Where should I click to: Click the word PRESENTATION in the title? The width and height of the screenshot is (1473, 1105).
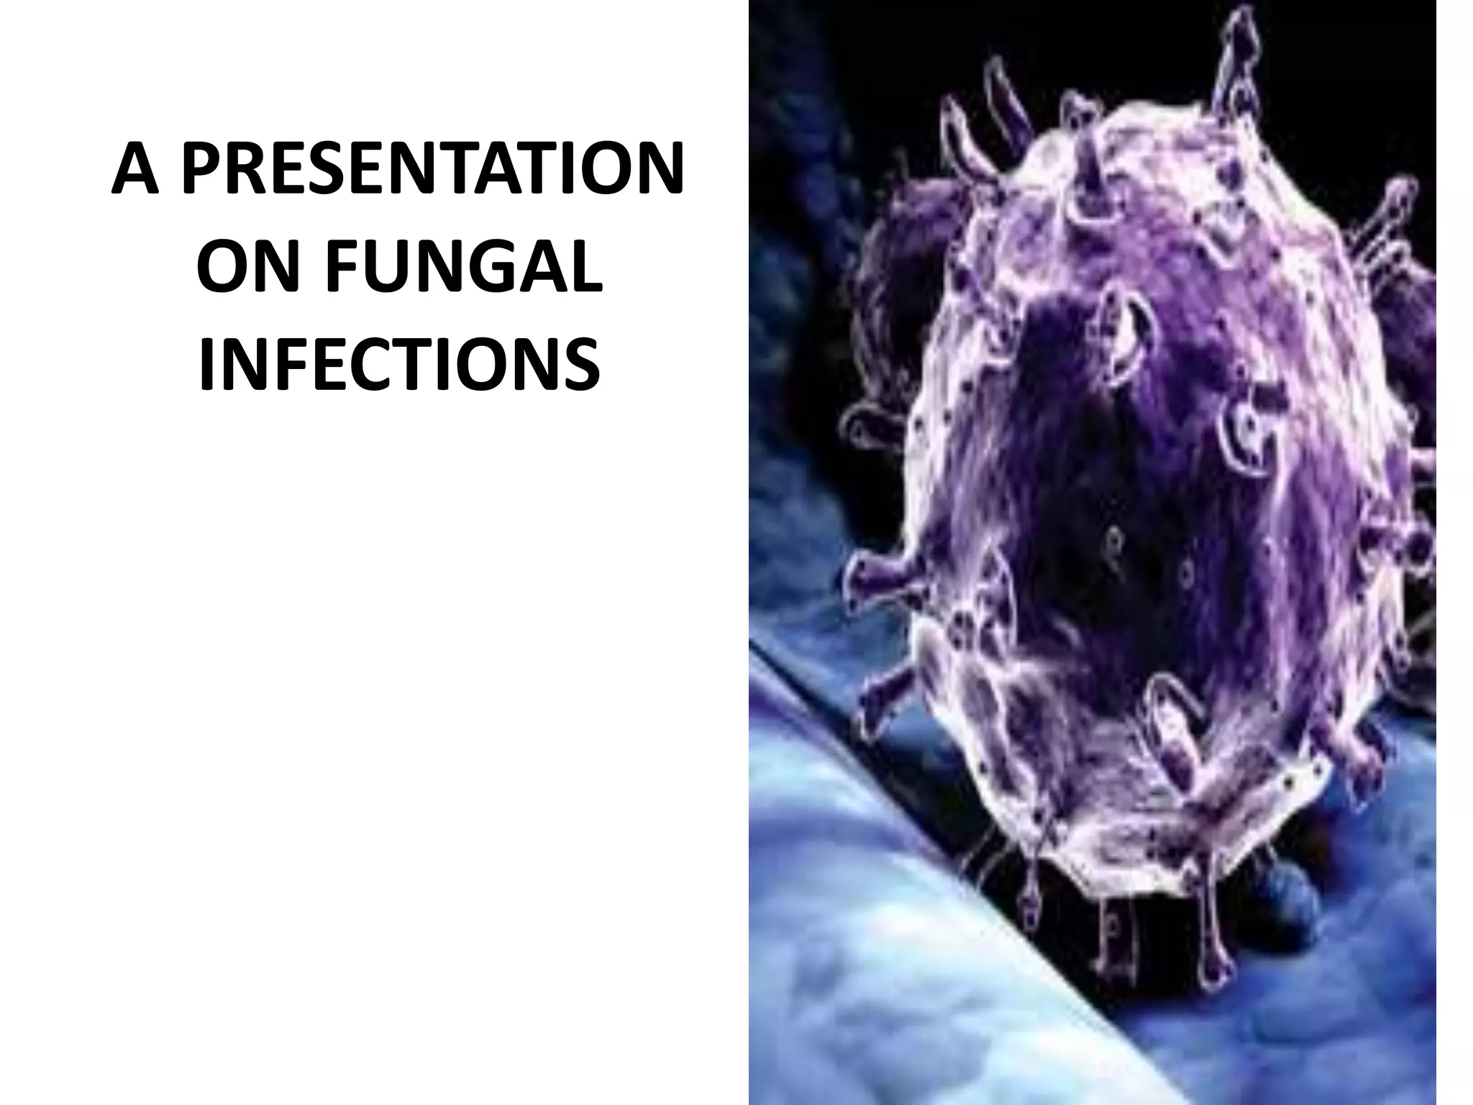click(432, 170)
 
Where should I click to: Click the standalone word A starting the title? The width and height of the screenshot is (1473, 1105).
click(135, 170)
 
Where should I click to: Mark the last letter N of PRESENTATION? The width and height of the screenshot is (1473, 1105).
click(657, 170)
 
